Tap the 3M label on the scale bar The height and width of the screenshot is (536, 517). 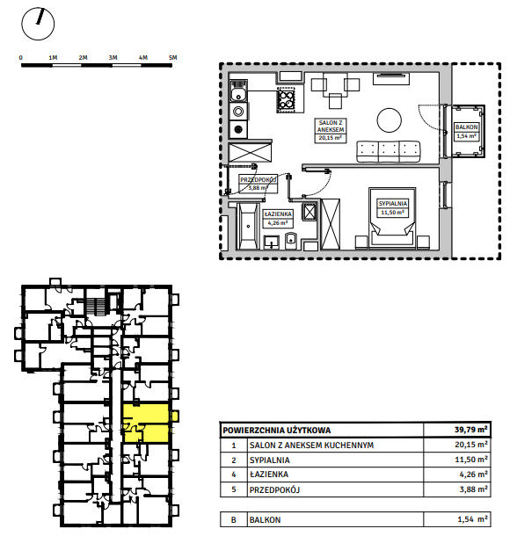click(113, 58)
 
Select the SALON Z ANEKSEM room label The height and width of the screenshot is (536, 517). click(331, 127)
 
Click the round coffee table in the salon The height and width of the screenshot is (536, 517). click(389, 120)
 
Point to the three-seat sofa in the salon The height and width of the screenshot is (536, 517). click(389, 151)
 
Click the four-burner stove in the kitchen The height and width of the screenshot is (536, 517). click(286, 99)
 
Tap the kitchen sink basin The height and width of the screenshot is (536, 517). click(238, 94)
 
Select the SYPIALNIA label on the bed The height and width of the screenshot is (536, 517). click(393, 203)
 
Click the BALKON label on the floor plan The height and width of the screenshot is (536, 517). click(466, 127)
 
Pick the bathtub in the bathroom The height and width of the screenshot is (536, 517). click(248, 226)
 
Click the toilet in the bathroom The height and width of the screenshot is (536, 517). click(291, 241)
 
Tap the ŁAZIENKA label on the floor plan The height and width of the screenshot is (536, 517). click(278, 214)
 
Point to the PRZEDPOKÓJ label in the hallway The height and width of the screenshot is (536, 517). click(258, 180)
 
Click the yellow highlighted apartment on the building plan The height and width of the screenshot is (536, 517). click(146, 424)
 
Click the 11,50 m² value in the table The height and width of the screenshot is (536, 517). click(471, 460)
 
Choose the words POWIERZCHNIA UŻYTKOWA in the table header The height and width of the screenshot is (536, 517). click(277, 430)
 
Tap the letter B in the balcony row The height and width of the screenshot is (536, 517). click(234, 520)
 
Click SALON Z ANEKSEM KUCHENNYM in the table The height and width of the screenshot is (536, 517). click(312, 445)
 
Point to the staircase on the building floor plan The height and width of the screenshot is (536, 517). click(95, 307)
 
